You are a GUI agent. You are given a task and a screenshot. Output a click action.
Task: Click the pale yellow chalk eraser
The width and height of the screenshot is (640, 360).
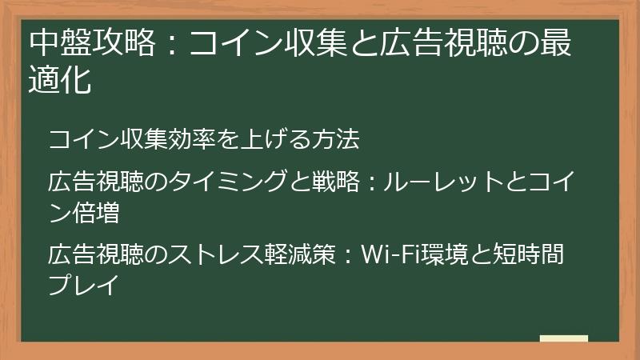564,339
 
